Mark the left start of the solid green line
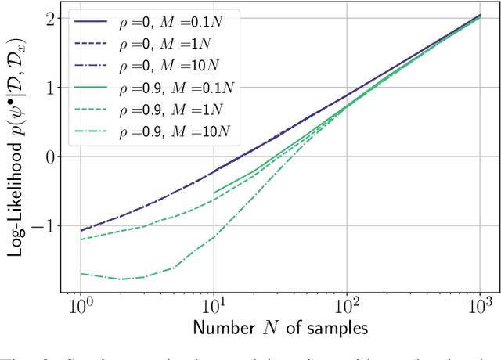[214, 193]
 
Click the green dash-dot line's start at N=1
[81, 273]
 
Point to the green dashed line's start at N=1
[81, 239]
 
